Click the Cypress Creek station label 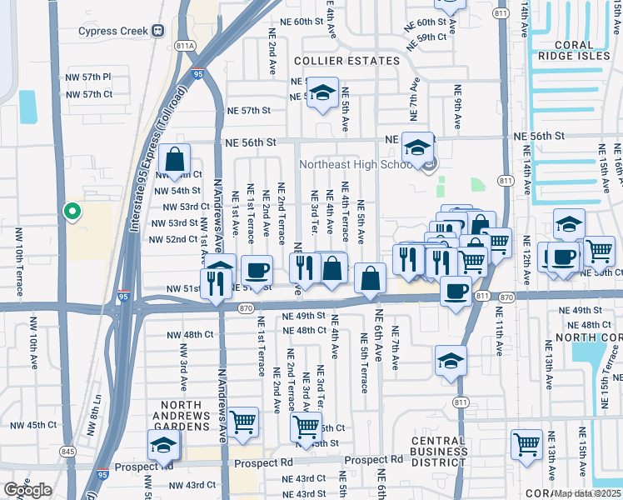(x=112, y=32)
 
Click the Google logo (x=27, y=490)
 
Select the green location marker (x=72, y=212)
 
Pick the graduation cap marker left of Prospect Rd (x=164, y=444)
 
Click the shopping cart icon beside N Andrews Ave (x=243, y=422)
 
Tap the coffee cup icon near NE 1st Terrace (x=257, y=269)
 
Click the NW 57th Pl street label (x=88, y=77)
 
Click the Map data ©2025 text (x=587, y=493)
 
